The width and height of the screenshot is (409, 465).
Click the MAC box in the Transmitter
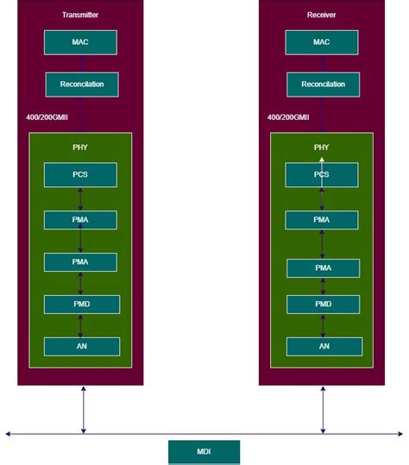pos(80,42)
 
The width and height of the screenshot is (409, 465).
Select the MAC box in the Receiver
pos(322,42)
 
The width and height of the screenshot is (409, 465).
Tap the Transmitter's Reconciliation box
pos(81,85)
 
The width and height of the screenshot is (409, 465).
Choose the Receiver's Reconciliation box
pos(323,85)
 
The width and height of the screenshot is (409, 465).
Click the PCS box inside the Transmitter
pos(80,174)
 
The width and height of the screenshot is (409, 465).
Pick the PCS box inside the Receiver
pos(322,174)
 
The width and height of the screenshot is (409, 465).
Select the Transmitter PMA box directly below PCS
pos(80,220)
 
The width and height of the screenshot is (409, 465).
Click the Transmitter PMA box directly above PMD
pos(80,262)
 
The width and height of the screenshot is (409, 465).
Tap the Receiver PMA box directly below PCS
pos(322,220)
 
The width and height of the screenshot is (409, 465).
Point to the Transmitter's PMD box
pos(81,304)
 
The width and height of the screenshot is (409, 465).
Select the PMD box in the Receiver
pos(323,304)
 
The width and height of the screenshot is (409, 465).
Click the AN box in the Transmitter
pos(81,346)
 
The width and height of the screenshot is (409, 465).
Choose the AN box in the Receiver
pos(324,346)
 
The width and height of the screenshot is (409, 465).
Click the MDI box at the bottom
pos(204,451)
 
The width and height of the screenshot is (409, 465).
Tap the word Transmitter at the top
pos(80,16)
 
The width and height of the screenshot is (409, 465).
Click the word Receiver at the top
pos(322,16)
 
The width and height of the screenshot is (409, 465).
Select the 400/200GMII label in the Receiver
pos(288,116)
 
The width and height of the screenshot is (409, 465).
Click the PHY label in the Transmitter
pos(80,148)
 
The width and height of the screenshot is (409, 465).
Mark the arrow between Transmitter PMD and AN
pos(81,325)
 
